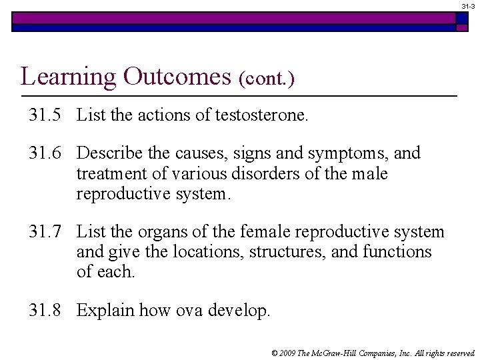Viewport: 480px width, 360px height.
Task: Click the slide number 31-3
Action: pyautogui.click(x=469, y=5)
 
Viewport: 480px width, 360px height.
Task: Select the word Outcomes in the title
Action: pyautogui.click(x=177, y=77)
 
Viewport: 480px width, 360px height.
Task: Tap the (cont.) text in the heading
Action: pyautogui.click(x=266, y=79)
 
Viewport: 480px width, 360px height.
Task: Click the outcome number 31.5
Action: pyautogui.click(x=45, y=115)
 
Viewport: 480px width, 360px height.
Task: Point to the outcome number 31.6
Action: pyautogui.click(x=45, y=153)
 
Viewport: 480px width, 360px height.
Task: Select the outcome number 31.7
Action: pyautogui.click(x=45, y=232)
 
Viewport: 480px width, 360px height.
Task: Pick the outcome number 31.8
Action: pyautogui.click(x=45, y=310)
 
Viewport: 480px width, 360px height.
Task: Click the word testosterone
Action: pyautogui.click(x=261, y=115)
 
